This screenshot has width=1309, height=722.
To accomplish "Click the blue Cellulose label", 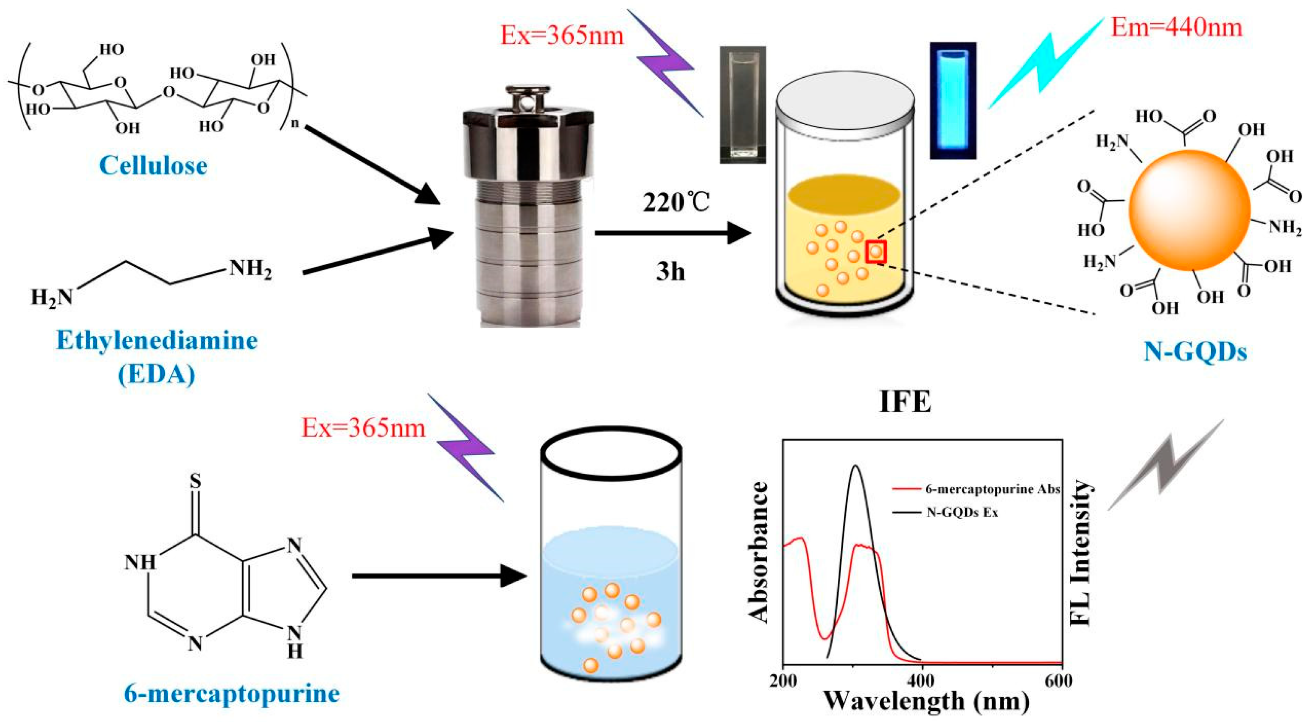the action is pyautogui.click(x=154, y=166).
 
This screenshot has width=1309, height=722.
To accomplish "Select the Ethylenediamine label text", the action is pyautogui.click(x=157, y=340).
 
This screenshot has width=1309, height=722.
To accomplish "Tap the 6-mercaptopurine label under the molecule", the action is pyautogui.click(x=232, y=694).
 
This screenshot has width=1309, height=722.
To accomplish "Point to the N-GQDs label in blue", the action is pyautogui.click(x=1195, y=351).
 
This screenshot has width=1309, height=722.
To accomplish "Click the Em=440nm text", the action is pyautogui.click(x=1176, y=27).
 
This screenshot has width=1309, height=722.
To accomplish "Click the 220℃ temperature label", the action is pyautogui.click(x=676, y=203).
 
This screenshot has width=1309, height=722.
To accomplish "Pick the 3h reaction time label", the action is pyautogui.click(x=670, y=271).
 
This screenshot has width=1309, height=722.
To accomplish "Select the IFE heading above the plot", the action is pyautogui.click(x=905, y=402).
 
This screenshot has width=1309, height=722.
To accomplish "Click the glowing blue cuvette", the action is pyautogui.click(x=953, y=100).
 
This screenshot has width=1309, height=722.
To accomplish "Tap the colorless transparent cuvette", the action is pyautogui.click(x=742, y=105).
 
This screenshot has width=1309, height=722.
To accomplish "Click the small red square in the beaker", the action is pyautogui.click(x=876, y=251).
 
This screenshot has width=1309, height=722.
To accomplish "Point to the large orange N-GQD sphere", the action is pyautogui.click(x=1190, y=210).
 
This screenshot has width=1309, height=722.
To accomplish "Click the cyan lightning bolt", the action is pyautogui.click(x=1047, y=64).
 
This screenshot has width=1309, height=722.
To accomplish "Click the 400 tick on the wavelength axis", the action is pyautogui.click(x=920, y=680).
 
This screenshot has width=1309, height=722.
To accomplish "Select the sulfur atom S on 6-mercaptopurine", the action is pyautogui.click(x=195, y=481).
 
